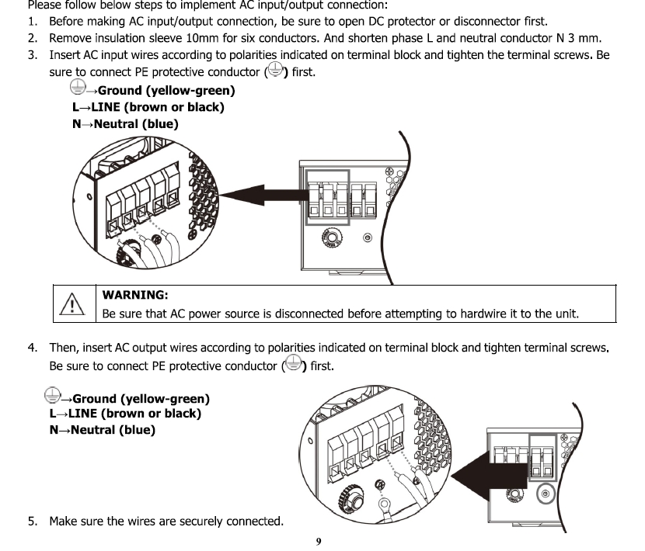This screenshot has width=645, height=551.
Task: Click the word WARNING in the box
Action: click(135, 295)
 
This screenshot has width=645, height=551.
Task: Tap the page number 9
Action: click(319, 541)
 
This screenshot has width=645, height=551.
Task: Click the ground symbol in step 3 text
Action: click(274, 72)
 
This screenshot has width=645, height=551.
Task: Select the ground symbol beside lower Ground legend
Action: click(53, 397)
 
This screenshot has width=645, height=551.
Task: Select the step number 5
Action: click(32, 521)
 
